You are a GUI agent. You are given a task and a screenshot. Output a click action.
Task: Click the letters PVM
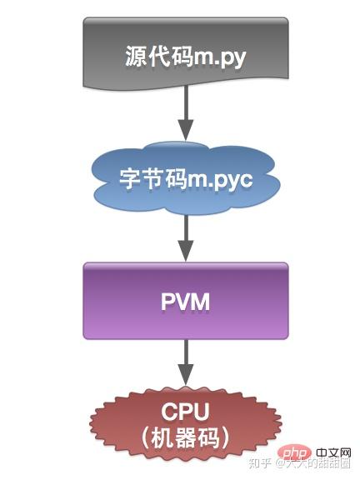(185, 302)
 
